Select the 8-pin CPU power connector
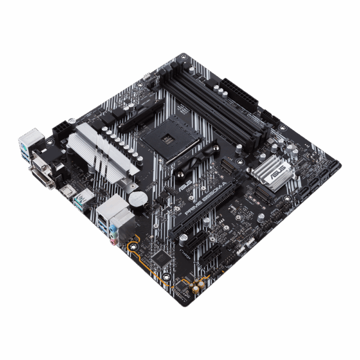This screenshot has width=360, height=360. (x=62, y=130)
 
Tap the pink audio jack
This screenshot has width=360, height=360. (x=122, y=239)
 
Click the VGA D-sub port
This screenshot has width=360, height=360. (x=40, y=160)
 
